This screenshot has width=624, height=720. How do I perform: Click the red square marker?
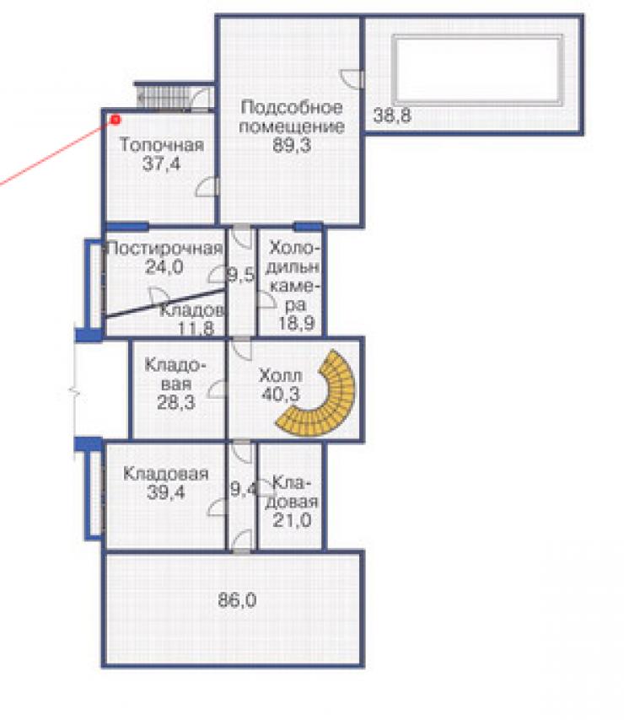[x=116, y=120]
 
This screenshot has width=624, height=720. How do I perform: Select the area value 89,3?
[x=292, y=145]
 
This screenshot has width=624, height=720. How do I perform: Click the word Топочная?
[x=162, y=145]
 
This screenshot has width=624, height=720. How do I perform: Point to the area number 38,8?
[x=391, y=116]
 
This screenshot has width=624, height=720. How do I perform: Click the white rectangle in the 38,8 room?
[x=477, y=70]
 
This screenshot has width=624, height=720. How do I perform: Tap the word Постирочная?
[x=164, y=249]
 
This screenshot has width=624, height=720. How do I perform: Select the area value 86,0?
[x=237, y=600]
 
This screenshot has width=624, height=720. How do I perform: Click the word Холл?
[x=281, y=376]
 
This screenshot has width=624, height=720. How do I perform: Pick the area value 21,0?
[x=292, y=520]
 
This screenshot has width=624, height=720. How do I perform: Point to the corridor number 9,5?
[x=241, y=276]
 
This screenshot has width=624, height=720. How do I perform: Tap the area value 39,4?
[x=166, y=492]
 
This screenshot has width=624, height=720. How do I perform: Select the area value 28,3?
[x=176, y=402]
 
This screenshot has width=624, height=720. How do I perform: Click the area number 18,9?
[x=296, y=323]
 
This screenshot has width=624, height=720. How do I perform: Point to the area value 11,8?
[x=196, y=329]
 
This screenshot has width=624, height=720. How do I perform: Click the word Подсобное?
[x=292, y=107]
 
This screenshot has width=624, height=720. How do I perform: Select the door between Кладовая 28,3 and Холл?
[x=218, y=390]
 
